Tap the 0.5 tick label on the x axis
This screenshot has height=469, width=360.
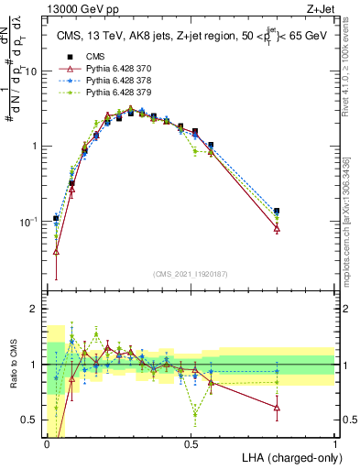click(x=191, y=444)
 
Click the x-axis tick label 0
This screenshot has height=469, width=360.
click(x=47, y=444)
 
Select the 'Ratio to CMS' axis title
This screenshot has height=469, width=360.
click(x=11, y=366)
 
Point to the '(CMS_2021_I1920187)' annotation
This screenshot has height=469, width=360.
click(x=191, y=272)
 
